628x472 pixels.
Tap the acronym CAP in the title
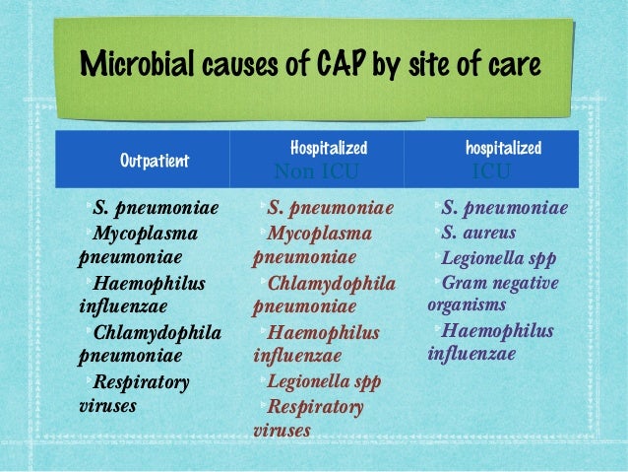pyautogui.click(x=342, y=65)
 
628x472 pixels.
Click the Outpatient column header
pyautogui.click(x=154, y=161)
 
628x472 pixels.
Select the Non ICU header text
pyautogui.click(x=316, y=173)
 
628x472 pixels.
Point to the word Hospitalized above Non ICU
pyautogui.click(x=329, y=149)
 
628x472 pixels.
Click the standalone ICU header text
pyautogui.click(x=491, y=173)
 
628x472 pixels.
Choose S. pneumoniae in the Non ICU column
pyautogui.click(x=330, y=209)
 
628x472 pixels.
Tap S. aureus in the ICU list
pyautogui.click(x=479, y=234)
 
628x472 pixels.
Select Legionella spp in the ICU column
pyautogui.click(x=497, y=259)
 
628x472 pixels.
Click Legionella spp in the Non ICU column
pyautogui.click(x=324, y=380)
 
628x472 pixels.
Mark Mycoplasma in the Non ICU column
pyautogui.click(x=319, y=234)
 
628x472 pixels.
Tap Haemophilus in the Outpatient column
pyautogui.click(x=149, y=284)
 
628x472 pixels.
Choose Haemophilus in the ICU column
pyautogui.click(x=498, y=331)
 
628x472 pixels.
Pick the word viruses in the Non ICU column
pyautogui.click(x=283, y=430)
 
